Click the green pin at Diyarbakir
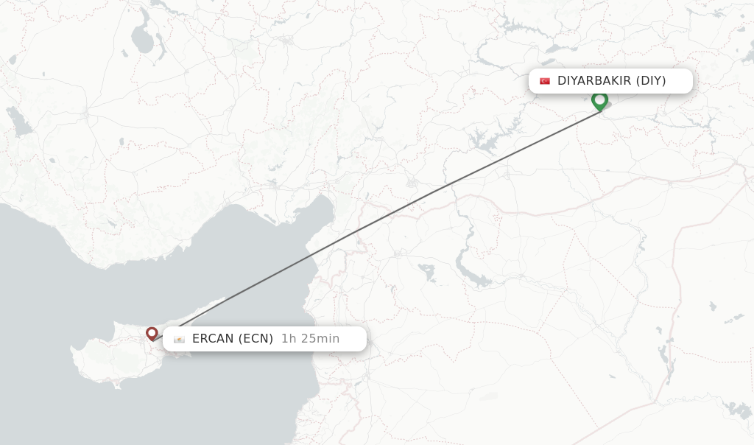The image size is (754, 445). point(599,100)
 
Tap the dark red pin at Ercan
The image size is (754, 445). point(152,334)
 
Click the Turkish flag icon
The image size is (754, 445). point(545,81)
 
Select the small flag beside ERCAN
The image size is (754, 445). point(180,339)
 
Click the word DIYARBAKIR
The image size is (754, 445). point(594,81)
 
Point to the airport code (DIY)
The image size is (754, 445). point(650,81)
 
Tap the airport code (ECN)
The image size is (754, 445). point(256,339)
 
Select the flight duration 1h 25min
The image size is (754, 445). point(310,339)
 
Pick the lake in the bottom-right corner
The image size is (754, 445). point(736,409)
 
